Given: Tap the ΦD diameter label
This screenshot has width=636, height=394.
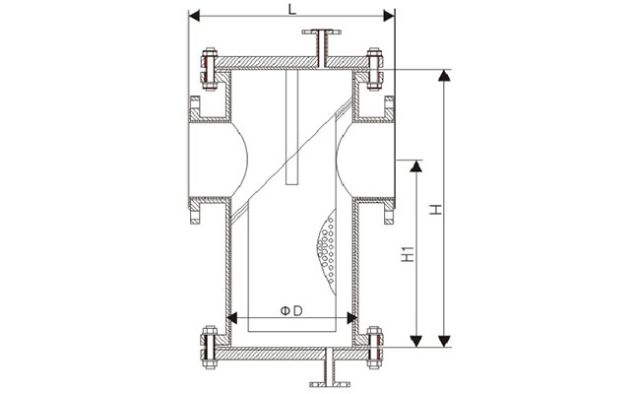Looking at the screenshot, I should coord(289,311).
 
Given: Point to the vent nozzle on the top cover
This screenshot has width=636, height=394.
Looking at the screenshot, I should coord(321,45).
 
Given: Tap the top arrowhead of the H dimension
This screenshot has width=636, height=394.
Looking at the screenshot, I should coord(445,75).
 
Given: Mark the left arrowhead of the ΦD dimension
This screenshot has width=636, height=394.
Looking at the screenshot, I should coord(232,318).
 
